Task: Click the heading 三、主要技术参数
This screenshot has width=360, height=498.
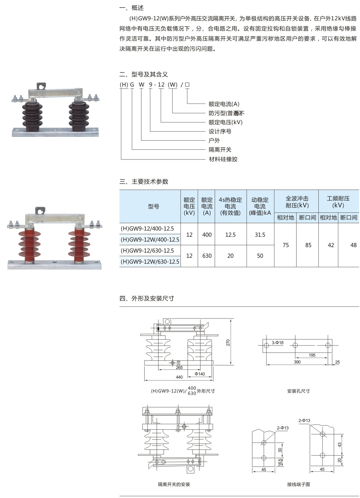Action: coord(144,182)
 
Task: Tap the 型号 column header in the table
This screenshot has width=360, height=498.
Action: coord(153,207)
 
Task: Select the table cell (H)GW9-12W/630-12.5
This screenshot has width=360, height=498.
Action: coord(150,262)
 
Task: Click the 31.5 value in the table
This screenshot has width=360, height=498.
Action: coord(260,235)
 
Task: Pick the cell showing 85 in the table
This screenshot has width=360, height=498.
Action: coord(308,245)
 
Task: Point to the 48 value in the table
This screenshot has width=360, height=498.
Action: coord(353,245)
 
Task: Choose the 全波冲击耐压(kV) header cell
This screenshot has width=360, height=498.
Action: coord(297,202)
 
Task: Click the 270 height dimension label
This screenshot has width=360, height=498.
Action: coord(228,342)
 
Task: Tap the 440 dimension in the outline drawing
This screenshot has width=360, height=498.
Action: coord(179,377)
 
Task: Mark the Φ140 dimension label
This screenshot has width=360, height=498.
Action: coord(199,374)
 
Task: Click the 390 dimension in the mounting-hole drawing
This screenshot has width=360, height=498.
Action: coord(297,362)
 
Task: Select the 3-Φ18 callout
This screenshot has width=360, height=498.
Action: coord(277,343)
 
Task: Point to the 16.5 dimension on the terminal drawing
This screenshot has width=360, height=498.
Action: coord(280,462)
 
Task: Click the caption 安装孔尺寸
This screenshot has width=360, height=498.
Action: coord(298,391)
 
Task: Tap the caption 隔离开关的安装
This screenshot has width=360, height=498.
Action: coord(174,484)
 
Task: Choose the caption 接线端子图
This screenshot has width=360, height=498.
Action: coord(298,484)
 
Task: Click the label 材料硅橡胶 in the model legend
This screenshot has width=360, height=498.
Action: coord(223,159)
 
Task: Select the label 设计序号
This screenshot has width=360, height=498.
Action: coord(220,131)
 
